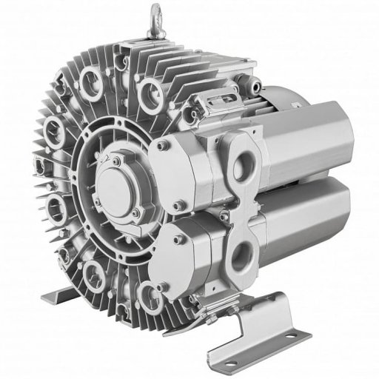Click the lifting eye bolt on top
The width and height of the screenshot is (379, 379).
pos(178,14)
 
